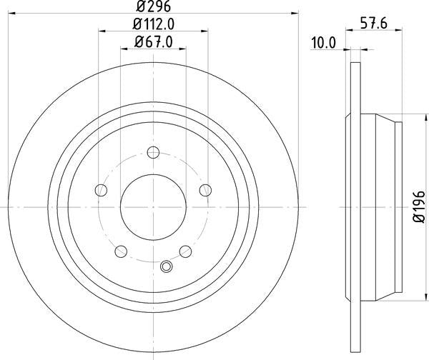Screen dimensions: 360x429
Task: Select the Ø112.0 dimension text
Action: [x=154, y=25]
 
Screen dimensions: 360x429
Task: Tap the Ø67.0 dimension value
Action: [x=154, y=43]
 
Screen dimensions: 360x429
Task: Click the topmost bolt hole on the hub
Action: [x=152, y=151]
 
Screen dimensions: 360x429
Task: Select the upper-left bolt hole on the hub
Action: [x=101, y=189]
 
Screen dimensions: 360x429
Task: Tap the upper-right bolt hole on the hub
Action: [x=205, y=189]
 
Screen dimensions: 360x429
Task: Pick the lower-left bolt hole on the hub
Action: [x=120, y=251]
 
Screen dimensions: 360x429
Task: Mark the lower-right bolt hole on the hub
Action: [x=185, y=251]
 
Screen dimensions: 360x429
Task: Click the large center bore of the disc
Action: [x=153, y=206]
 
